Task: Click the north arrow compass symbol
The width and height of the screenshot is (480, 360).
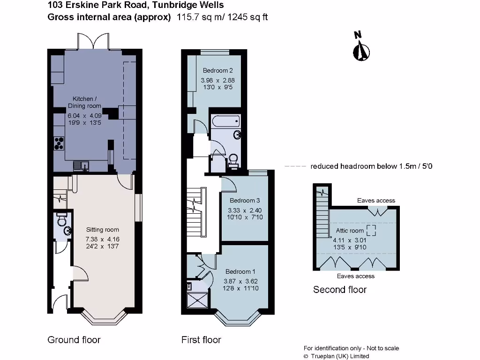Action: pyautogui.click(x=361, y=49)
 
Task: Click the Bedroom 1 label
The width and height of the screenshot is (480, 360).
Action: pyautogui.click(x=240, y=271)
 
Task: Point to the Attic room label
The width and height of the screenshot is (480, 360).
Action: pyautogui.click(x=350, y=231)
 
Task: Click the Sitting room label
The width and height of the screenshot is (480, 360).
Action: pyautogui.click(x=102, y=230)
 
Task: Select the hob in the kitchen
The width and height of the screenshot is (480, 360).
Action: pyautogui.click(x=59, y=142)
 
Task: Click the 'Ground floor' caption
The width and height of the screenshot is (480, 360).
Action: pyautogui.click(x=74, y=340)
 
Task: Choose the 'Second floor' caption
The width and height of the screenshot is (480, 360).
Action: pyautogui.click(x=340, y=290)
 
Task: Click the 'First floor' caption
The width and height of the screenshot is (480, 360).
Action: pyautogui.click(x=201, y=340)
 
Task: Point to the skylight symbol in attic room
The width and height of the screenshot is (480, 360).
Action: pyautogui.click(x=371, y=230)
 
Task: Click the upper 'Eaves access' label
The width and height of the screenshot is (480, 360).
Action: pyautogui.click(x=376, y=201)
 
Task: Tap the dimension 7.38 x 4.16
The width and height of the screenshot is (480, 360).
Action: pyautogui.click(x=102, y=239)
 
